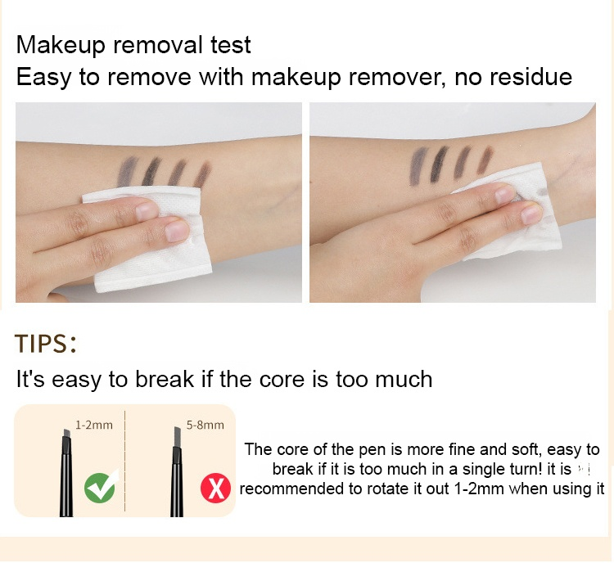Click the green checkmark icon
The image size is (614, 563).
pos(100,488)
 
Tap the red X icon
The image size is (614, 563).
pos(215,488)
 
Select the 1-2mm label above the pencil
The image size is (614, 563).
pos(94,425)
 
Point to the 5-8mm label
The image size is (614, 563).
pos(205,425)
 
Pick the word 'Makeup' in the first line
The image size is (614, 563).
pos(61,46)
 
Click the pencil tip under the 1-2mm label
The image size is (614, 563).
pos(65,433)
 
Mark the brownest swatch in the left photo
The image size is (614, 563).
pos(203,174)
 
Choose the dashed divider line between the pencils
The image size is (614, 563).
pos(125,461)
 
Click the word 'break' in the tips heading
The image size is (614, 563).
pos(165,379)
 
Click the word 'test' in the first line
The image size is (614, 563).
pos(231,45)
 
